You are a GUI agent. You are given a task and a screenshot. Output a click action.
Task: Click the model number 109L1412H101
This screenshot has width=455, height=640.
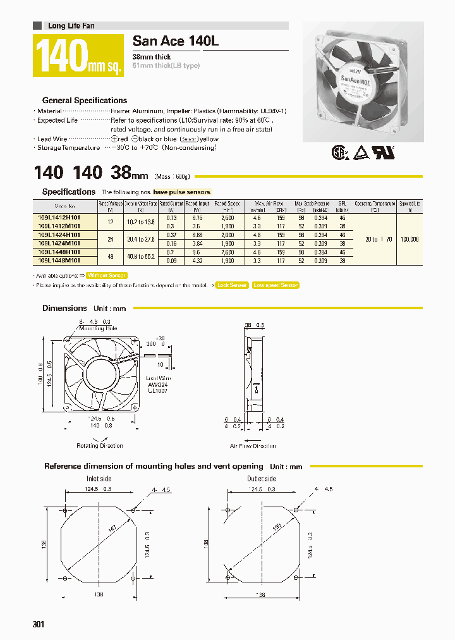[x=59, y=217]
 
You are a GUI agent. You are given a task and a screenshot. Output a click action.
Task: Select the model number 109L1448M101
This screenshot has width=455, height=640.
[x=59, y=260]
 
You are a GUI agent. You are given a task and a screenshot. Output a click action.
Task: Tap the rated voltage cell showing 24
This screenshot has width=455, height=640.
[x=111, y=239]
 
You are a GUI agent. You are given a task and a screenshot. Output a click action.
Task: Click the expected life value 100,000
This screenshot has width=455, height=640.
[x=409, y=239]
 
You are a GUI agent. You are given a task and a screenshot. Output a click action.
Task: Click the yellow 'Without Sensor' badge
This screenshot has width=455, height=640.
[x=106, y=276]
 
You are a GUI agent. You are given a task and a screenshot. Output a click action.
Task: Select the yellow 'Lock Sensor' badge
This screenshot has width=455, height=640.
[x=231, y=285]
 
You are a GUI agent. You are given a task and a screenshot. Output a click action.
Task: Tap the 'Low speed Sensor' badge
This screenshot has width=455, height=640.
[x=276, y=285]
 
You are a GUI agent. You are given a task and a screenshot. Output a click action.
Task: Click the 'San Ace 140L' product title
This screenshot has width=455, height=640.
[x=175, y=42]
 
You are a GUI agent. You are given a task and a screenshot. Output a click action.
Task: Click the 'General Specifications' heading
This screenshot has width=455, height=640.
[x=84, y=101]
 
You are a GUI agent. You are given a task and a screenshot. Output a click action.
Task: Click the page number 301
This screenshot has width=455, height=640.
[x=39, y=625]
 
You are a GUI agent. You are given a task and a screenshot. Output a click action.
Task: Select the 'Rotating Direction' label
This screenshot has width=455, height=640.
[x=100, y=446]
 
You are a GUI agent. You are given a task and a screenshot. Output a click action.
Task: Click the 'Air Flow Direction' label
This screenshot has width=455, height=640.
[x=253, y=446]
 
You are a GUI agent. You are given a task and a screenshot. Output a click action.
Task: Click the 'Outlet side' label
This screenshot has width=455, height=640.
[x=261, y=479]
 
